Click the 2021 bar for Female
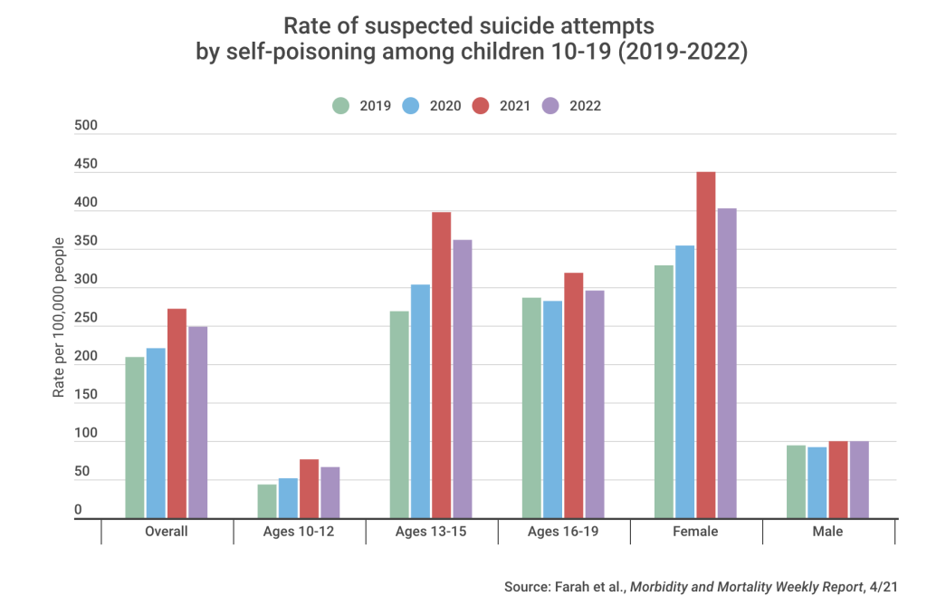706,345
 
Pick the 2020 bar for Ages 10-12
288,498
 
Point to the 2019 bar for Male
796,481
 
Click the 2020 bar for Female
685,381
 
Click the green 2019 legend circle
340,106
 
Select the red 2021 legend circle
481,106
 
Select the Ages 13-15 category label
431,532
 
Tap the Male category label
827,532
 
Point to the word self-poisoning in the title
289,53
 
